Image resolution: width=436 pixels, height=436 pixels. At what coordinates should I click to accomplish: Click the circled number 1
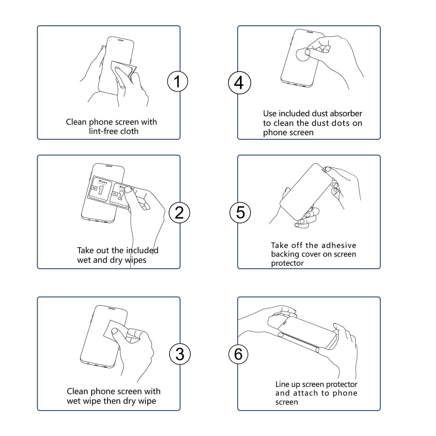[178, 81]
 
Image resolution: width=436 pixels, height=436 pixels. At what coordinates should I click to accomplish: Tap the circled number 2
[179, 212]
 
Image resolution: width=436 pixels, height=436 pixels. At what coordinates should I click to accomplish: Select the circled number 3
[180, 354]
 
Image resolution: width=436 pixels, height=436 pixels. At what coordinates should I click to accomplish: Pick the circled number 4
[239, 83]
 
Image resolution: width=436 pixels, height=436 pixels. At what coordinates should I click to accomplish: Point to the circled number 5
[240, 212]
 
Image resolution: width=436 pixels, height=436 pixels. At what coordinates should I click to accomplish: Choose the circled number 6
[238, 354]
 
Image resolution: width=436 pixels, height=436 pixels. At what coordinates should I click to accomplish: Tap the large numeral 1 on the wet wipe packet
[101, 190]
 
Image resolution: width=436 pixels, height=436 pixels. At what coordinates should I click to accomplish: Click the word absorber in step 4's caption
[347, 113]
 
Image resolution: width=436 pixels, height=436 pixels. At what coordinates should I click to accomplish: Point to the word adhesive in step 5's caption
[339, 245]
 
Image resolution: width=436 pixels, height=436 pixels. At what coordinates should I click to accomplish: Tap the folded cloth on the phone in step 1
[122, 70]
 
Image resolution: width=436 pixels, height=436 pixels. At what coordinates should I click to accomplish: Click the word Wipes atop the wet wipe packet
[103, 182]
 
